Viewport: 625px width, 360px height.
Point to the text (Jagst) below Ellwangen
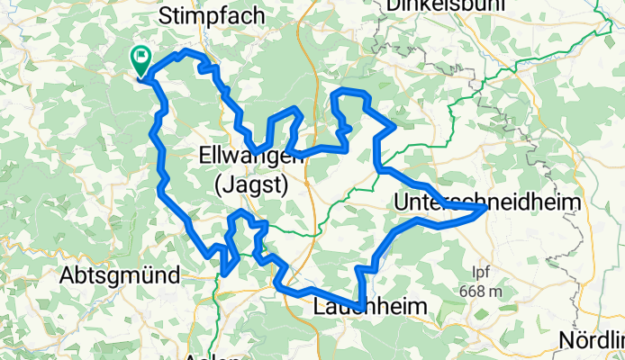[251, 185]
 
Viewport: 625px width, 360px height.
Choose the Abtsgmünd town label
[119, 277]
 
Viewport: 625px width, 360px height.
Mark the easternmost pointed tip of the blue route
[486, 208]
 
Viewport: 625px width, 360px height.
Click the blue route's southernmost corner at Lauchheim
[361, 304]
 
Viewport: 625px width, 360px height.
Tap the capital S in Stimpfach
[166, 15]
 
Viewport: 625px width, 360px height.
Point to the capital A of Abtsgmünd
[66, 277]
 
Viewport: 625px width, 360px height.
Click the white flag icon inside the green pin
[142, 58]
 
